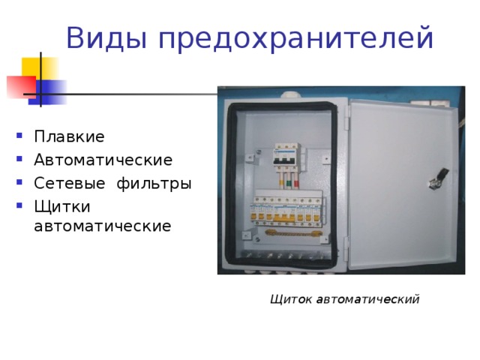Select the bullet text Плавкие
point(69,137)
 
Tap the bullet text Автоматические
point(103,160)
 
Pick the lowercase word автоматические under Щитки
point(103,225)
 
